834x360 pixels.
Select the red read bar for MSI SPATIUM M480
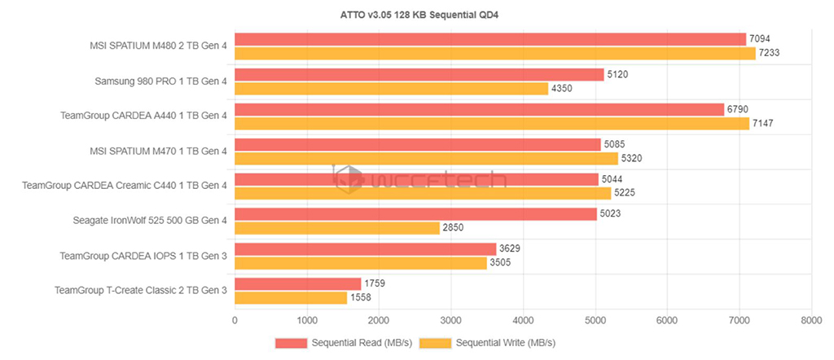click(489, 39)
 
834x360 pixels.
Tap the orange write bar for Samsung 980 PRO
click(391, 89)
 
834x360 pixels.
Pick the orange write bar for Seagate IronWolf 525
click(337, 228)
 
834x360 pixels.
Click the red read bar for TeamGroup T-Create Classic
click(297, 284)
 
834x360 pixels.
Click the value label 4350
click(563, 89)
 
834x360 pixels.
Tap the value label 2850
click(454, 228)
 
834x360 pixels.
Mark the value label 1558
click(361, 298)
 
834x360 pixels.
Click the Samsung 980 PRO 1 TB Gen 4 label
click(161, 81)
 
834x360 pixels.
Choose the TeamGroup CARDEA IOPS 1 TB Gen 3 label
click(143, 256)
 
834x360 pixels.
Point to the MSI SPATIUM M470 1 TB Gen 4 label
click(158, 151)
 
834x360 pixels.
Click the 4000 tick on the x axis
click(523, 321)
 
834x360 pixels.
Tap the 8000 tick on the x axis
click(811, 321)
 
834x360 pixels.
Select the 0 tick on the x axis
click(235, 321)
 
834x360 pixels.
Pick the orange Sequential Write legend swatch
click(436, 343)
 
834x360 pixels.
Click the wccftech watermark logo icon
click(349, 179)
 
